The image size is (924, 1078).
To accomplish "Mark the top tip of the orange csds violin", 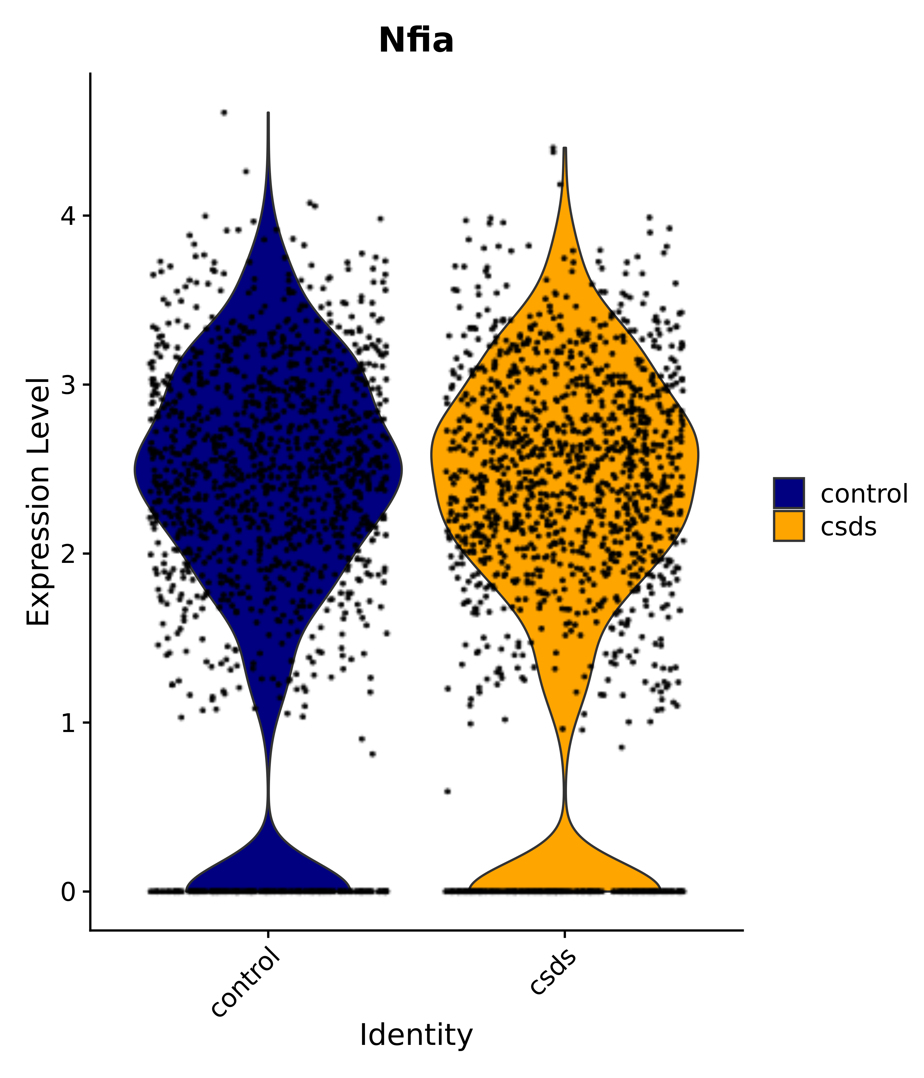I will (564, 148).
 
